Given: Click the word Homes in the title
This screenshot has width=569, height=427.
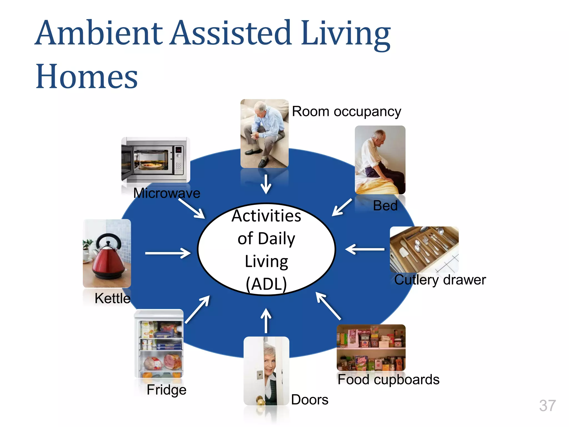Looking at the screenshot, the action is [87, 76].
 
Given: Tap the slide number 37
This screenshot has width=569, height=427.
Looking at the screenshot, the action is [547, 406].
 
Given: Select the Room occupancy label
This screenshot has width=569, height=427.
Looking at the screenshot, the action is [346, 111].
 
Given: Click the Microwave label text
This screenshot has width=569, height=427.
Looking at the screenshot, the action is [167, 193].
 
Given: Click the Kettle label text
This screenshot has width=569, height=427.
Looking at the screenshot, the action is [113, 298].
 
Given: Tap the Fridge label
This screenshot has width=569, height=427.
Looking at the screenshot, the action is [166, 390].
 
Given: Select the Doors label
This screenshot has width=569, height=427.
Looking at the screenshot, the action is [310, 400].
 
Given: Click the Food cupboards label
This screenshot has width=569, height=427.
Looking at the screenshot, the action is [388, 379].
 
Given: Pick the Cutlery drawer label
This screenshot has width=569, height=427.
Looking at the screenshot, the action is [440, 280].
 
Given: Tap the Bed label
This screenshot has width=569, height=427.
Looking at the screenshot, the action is [385, 206].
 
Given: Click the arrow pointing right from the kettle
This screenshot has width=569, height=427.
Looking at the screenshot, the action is [168, 253].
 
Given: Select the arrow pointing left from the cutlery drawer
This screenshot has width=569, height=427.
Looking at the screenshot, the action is [365, 249].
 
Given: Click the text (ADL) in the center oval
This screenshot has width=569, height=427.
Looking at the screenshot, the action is [266, 284].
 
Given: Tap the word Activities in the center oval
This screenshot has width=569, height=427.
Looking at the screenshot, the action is [266, 216].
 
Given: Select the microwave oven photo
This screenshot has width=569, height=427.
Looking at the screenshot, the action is [156, 160].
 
